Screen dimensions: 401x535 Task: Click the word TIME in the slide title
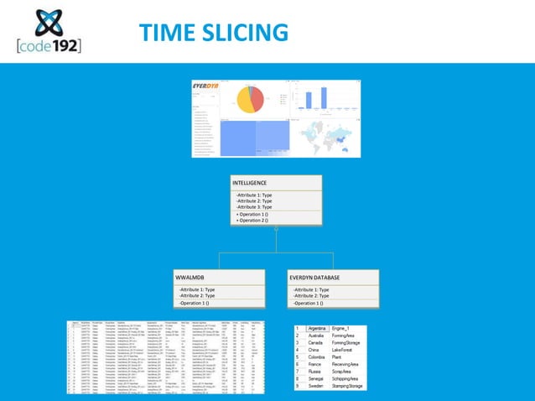[168, 33]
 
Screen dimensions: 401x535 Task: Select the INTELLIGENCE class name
[250, 182]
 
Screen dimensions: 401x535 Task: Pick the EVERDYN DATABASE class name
[314, 277]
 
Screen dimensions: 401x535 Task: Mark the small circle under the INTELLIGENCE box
[276, 228]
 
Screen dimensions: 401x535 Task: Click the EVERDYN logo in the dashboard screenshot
[207, 85]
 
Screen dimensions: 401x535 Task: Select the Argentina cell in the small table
[316, 328]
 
